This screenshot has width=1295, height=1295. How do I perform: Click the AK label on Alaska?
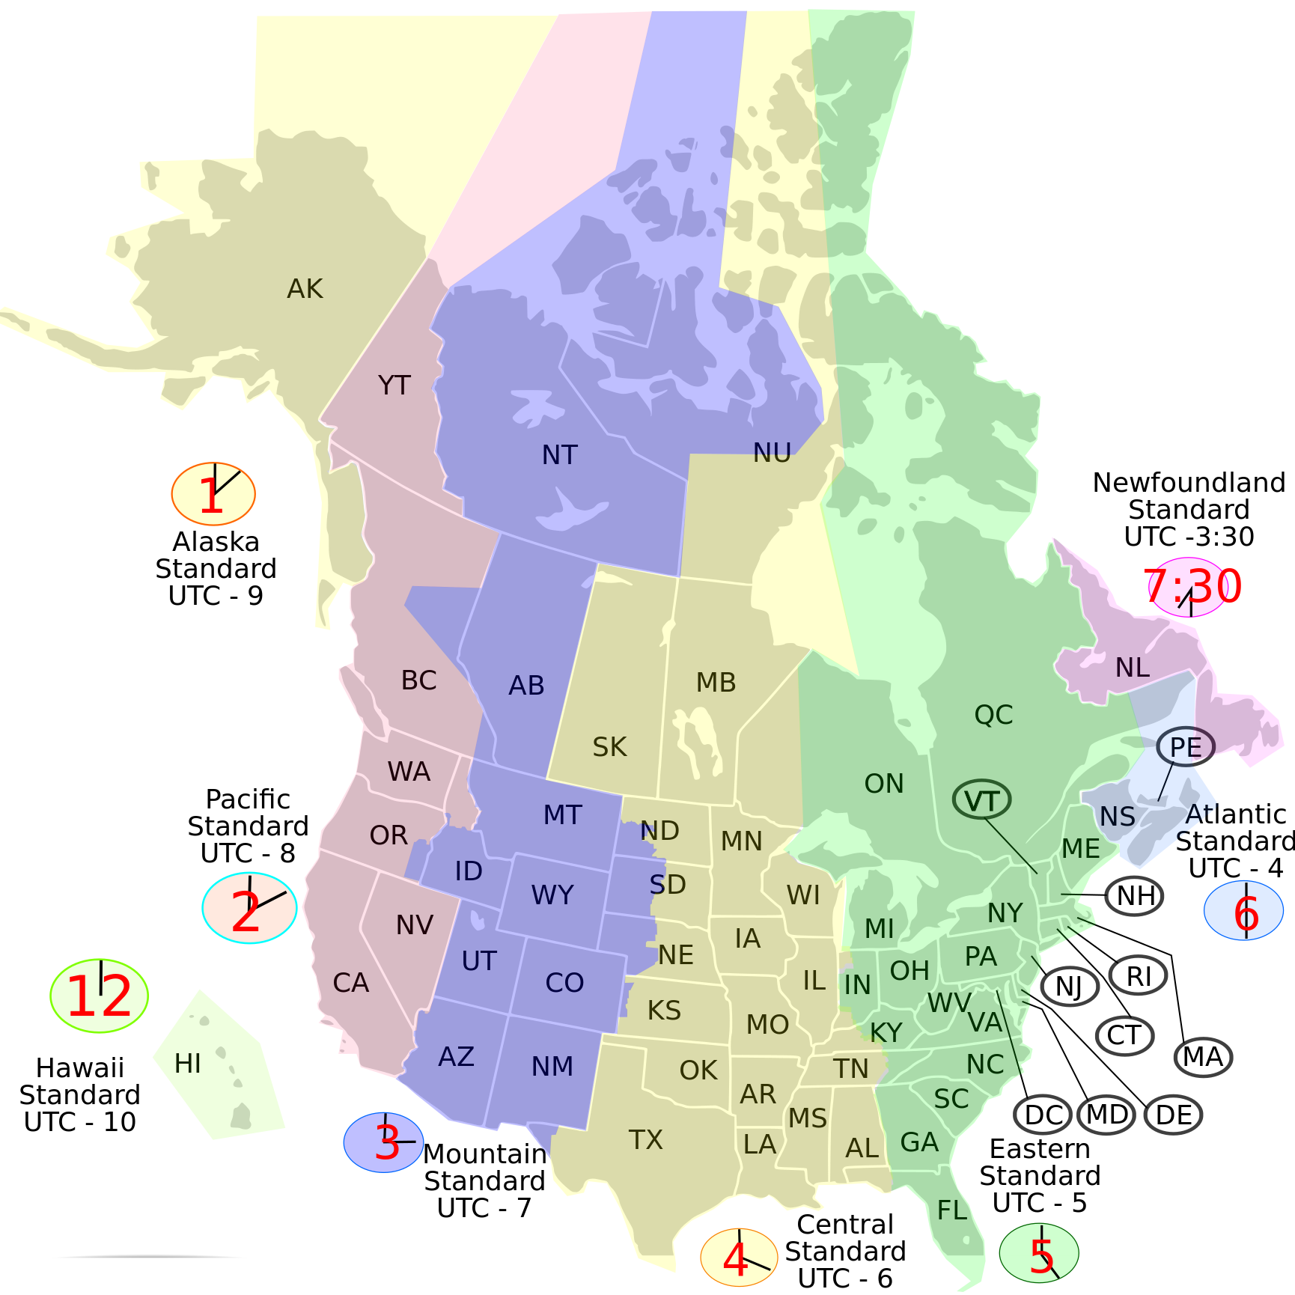coord(305,289)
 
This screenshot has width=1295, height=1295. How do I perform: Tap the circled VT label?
coord(981,801)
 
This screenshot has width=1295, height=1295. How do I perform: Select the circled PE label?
coord(1185,747)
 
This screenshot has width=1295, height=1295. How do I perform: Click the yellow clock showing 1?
coord(213,494)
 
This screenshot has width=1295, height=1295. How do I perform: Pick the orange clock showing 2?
coord(249,908)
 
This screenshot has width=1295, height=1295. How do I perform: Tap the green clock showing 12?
coord(99,996)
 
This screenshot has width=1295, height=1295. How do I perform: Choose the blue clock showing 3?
coord(383,1142)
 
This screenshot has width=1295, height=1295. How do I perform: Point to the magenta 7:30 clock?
coord(1192,587)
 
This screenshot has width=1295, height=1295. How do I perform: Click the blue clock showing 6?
coord(1243,910)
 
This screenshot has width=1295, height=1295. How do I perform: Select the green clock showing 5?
coord(1039,1252)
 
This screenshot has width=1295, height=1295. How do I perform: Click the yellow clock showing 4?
coord(739,1258)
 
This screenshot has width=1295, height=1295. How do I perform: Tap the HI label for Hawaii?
coord(187,1064)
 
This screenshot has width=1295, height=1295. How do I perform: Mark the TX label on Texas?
coord(646,1140)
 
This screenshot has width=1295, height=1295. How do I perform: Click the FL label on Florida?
coord(952,1210)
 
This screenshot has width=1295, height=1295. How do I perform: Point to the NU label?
coord(772,453)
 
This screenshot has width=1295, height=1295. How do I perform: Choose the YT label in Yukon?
coord(394,386)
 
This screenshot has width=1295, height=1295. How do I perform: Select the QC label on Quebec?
coord(993,715)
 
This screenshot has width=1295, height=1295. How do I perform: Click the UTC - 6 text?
coord(845,1279)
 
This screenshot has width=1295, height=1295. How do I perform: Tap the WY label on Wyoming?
coord(552,895)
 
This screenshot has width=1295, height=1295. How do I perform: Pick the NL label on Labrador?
coord(1133,668)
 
